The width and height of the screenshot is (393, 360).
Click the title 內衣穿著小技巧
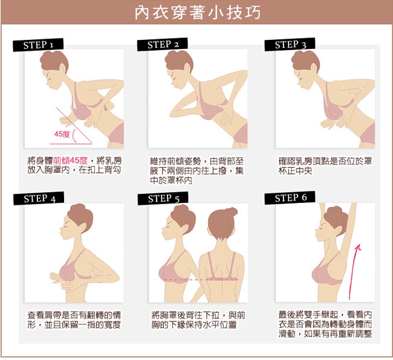198,13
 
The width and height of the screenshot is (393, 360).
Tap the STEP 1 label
38,45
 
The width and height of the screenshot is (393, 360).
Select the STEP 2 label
163,45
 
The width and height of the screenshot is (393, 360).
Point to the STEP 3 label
290,45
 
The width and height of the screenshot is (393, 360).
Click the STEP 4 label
39,199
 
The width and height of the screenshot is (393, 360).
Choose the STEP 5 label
163,199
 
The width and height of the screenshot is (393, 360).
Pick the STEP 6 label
290,198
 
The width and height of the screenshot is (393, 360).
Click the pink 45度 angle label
62,134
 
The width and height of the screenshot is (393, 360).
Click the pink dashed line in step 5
201,280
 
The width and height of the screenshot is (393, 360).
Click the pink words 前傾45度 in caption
70,161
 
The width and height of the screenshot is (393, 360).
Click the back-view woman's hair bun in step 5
230,212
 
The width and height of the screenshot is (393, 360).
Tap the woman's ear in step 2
187,68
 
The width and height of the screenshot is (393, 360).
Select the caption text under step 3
325,166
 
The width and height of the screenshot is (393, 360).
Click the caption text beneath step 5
198,320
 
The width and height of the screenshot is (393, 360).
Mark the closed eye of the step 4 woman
66,226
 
